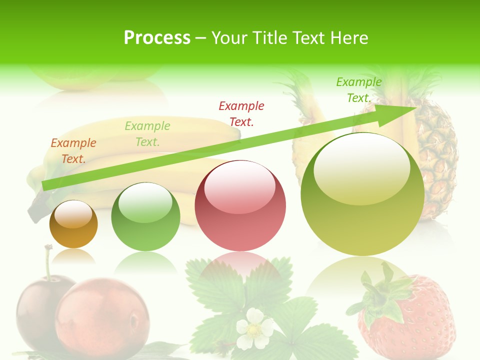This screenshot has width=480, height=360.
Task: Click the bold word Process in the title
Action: (157, 38)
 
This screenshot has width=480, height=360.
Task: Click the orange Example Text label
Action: (73, 151)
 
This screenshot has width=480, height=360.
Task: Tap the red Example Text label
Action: (241, 113)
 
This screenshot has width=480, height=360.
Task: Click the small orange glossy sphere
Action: (73, 224)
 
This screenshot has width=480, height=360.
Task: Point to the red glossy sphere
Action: (240, 205)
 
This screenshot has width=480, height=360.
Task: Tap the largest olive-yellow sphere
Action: (362, 194)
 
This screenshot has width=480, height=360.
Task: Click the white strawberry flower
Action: (254, 328)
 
